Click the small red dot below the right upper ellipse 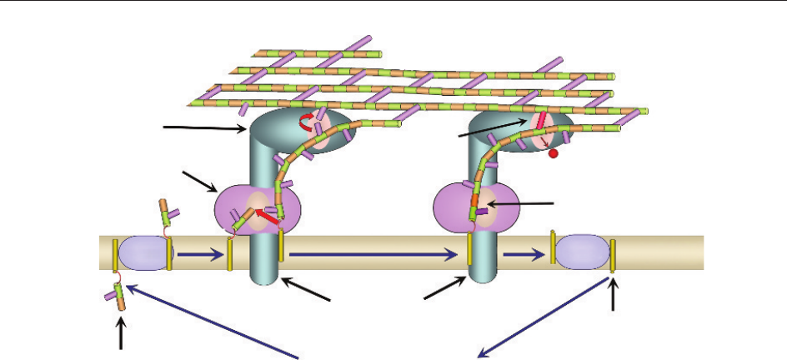553,154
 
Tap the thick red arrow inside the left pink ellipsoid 267,219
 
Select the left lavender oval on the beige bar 143,253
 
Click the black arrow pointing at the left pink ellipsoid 199,181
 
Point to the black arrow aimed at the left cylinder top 205,127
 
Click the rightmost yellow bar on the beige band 613,255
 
